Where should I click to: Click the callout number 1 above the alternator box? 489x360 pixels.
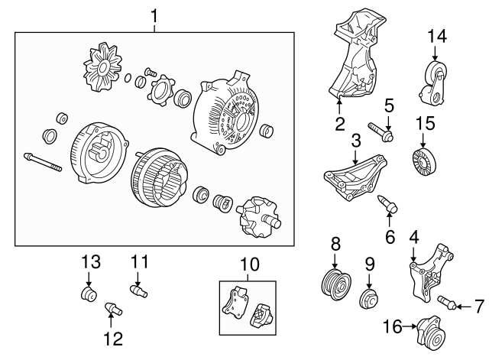tap(154, 16)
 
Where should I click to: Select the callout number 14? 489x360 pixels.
tap(436, 36)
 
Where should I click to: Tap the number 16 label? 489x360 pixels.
tap(393, 326)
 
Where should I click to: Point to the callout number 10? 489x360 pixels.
tap(250, 264)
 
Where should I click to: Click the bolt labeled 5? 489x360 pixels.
tap(381, 131)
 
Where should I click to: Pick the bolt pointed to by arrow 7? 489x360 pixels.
tap(446, 303)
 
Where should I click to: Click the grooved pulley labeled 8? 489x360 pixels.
tap(335, 284)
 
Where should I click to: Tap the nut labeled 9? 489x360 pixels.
tap(368, 299)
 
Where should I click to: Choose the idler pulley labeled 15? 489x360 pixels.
tap(424, 162)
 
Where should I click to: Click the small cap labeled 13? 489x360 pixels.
tap(89, 295)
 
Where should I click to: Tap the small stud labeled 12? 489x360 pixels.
tap(113, 309)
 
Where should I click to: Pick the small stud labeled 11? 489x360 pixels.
tap(138, 290)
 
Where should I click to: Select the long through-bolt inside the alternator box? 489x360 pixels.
tap(43, 162)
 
